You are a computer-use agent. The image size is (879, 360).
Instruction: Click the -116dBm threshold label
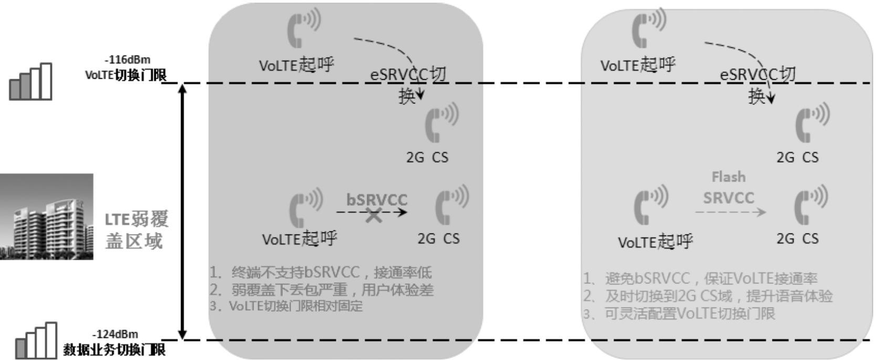click(127, 60)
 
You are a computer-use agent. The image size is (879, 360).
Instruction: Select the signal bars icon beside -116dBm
click(31, 82)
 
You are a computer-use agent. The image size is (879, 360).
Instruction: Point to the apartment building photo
click(46, 217)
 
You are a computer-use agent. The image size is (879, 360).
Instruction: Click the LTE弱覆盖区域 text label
click(136, 230)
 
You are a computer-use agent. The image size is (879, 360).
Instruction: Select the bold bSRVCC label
click(377, 200)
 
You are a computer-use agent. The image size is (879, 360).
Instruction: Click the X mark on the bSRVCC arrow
click(374, 214)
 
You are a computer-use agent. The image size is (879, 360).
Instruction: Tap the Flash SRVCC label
click(728, 187)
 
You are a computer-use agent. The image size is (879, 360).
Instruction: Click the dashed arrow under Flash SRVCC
click(730, 212)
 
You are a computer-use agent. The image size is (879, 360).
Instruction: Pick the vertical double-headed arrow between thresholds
click(183, 211)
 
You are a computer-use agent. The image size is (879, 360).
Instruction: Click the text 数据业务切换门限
click(114, 349)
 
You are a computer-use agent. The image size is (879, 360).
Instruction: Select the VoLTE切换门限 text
click(126, 75)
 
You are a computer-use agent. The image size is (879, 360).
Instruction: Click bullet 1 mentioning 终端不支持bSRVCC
click(321, 272)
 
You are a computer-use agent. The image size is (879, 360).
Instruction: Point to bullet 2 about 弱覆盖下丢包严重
click(322, 290)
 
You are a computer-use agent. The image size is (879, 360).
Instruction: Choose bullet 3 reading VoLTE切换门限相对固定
click(286, 306)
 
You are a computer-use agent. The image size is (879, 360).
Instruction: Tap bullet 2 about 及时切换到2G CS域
click(708, 296)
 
